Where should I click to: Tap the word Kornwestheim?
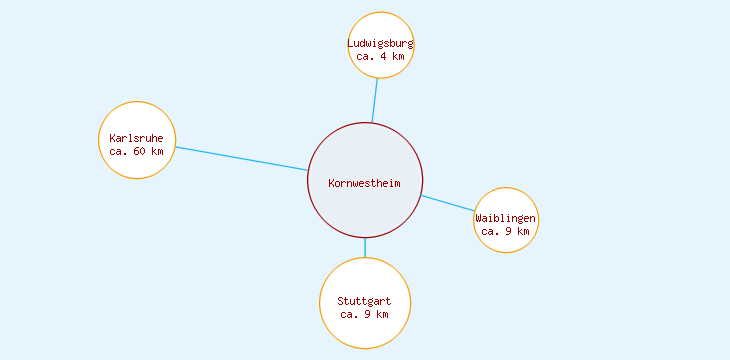click(x=365, y=182)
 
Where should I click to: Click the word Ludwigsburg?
click(x=381, y=43)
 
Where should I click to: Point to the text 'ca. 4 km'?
click(x=381, y=56)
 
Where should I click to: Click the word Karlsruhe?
click(x=137, y=138)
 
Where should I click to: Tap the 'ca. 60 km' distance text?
click(x=137, y=151)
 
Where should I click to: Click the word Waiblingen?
click(x=506, y=218)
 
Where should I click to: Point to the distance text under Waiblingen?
click(x=506, y=231)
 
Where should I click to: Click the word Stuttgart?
click(x=365, y=301)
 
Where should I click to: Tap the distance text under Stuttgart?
click(x=365, y=314)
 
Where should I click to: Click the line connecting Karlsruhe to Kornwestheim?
click(x=241, y=158)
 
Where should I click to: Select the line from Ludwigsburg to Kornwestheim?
click(x=375, y=100)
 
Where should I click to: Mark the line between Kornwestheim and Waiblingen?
click(x=448, y=203)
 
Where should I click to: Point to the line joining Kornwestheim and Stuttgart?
click(x=365, y=247)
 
